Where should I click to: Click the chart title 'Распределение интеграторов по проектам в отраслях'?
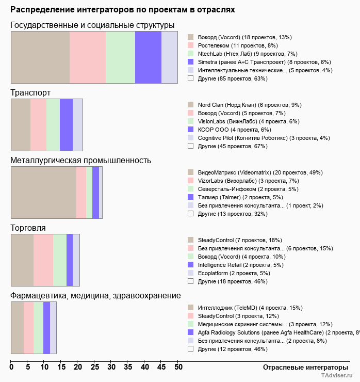pyautogui.click(x=123, y=10)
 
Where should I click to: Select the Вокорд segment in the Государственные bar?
pyautogui.click(x=40, y=57)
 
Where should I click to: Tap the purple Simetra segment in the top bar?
pyautogui.click(x=148, y=57)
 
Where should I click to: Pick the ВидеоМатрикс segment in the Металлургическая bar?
pyautogui.click(x=43, y=193)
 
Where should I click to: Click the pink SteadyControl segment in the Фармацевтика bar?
pyautogui.click(x=29, y=328)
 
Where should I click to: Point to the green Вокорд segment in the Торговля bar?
pyautogui.click(x=60, y=260)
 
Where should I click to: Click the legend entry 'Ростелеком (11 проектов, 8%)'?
pyautogui.click(x=238, y=45)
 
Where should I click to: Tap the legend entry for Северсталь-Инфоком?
pyautogui.click(x=240, y=189)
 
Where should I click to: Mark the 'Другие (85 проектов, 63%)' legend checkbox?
pyautogui.click(x=190, y=78)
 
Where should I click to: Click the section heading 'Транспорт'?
pyautogui.click(x=30, y=93)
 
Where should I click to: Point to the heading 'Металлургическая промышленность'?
pyautogui.click(x=80, y=160)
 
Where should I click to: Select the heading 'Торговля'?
pyautogui.click(x=28, y=228)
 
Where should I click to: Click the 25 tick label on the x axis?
pyautogui.click(x=94, y=368)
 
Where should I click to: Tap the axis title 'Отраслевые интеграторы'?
pyautogui.click(x=302, y=367)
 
